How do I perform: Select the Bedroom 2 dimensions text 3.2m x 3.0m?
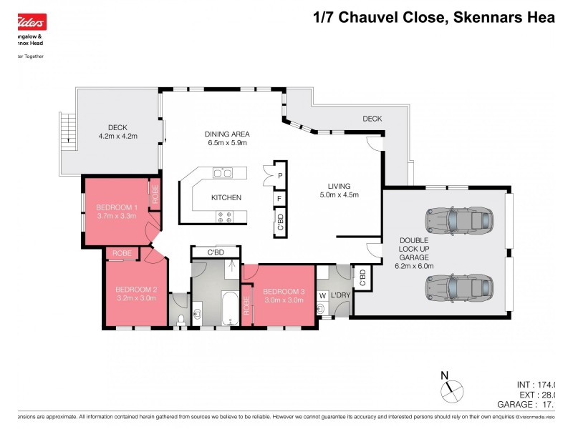click(135, 298)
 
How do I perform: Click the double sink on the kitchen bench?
click(223, 172)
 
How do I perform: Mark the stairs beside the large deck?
click(67, 130)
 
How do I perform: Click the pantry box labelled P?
click(280, 174)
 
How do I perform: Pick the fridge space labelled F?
click(280, 198)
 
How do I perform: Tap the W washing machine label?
click(322, 295)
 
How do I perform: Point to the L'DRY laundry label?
click(342, 295)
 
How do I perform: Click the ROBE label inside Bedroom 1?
click(154, 194)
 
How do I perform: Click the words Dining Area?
click(226, 133)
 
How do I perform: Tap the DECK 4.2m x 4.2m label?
click(117, 132)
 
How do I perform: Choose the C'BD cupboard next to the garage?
click(362, 278)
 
